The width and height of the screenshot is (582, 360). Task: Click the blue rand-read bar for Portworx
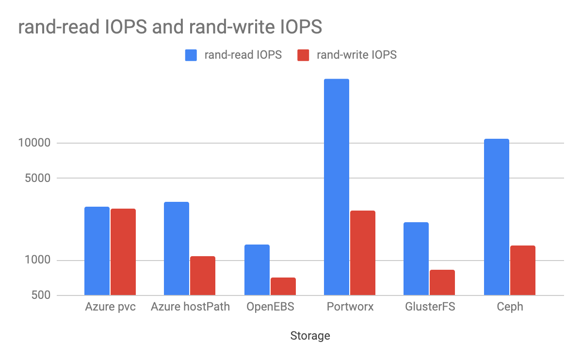[337, 187]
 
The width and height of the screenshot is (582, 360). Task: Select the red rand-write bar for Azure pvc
[123, 252]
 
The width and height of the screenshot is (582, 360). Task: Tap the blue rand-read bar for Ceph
[497, 217]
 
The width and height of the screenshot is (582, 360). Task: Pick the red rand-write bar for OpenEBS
[283, 286]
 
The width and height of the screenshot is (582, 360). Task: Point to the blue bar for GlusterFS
[416, 259]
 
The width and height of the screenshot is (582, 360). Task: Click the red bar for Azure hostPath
[203, 276]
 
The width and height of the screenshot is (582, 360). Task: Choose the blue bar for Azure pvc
[97, 251]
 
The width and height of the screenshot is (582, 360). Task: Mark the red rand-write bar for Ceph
[523, 270]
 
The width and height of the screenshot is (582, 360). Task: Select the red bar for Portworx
[363, 253]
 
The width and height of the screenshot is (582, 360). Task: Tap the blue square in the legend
[191, 55]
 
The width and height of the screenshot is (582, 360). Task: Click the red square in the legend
[303, 55]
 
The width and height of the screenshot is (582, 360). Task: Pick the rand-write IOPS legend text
[356, 55]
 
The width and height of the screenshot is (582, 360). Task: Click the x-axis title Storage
[310, 336]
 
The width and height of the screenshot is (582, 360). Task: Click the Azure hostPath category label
[190, 307]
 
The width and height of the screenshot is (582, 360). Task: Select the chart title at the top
[170, 27]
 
